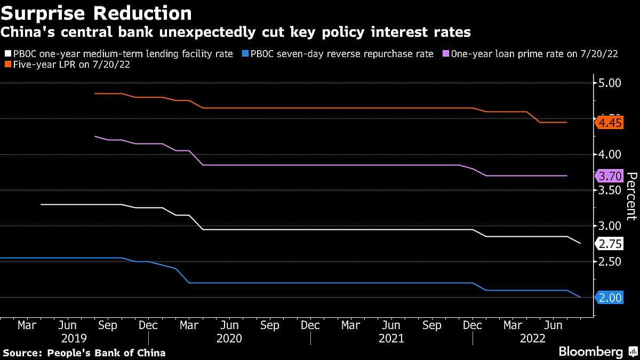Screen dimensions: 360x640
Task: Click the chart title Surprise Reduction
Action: [97, 13]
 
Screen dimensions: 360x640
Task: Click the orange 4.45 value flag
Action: [610, 123]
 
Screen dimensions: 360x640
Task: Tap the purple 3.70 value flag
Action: [610, 176]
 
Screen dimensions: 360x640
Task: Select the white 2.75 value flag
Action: [610, 244]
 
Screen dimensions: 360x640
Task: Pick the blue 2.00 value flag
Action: [610, 298]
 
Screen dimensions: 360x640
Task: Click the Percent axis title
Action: [631, 196]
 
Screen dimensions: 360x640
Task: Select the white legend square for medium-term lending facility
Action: [6, 54]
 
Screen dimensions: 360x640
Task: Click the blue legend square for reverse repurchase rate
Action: [245, 54]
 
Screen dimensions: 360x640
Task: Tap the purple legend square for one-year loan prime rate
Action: [445, 54]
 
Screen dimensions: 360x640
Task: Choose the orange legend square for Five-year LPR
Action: [6, 65]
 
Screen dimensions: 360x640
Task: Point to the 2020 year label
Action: [230, 338]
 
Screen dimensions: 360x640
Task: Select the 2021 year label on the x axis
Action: [391, 338]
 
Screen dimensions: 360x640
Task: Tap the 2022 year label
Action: [533, 338]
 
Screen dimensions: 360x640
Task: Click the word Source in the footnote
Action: [22, 353]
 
